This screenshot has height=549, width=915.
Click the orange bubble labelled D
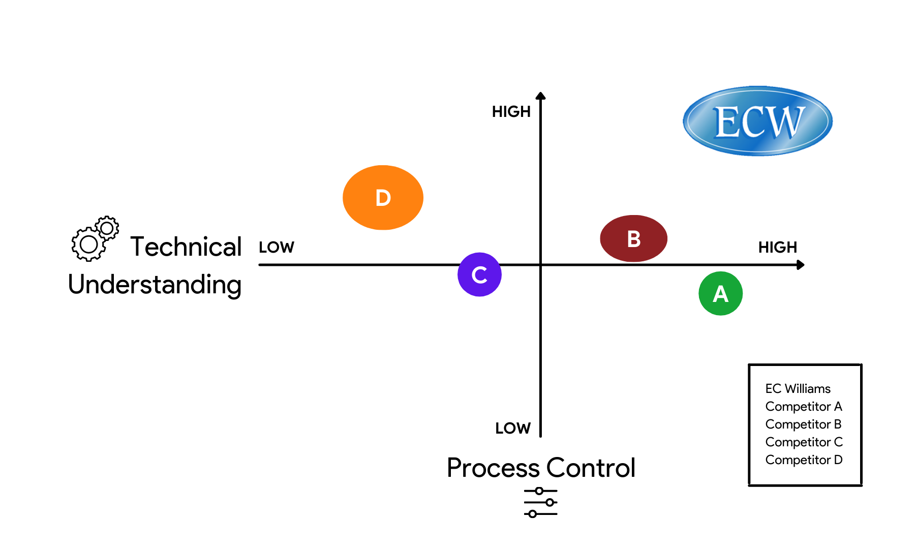383,197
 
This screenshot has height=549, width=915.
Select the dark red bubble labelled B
633,238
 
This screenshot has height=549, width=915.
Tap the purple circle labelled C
479,274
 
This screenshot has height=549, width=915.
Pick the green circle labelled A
720,293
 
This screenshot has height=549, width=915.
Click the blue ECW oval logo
757,121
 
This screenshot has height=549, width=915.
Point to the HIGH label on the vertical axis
511,112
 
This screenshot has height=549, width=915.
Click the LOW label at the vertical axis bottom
512,429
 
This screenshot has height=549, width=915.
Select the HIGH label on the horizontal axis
777,248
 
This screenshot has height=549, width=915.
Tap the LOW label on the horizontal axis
276,248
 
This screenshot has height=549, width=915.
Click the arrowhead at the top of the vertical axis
540,96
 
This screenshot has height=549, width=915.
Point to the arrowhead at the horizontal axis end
801,265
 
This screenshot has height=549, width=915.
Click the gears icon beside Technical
95,238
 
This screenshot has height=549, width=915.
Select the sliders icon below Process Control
540,502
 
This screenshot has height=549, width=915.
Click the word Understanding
155,285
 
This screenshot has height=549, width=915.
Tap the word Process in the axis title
493,468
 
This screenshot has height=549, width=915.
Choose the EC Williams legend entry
798,389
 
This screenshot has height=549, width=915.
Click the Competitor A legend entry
803,407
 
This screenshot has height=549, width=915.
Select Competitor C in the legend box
804,442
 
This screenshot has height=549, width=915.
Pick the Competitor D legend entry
804,460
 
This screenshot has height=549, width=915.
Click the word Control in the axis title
591,468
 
